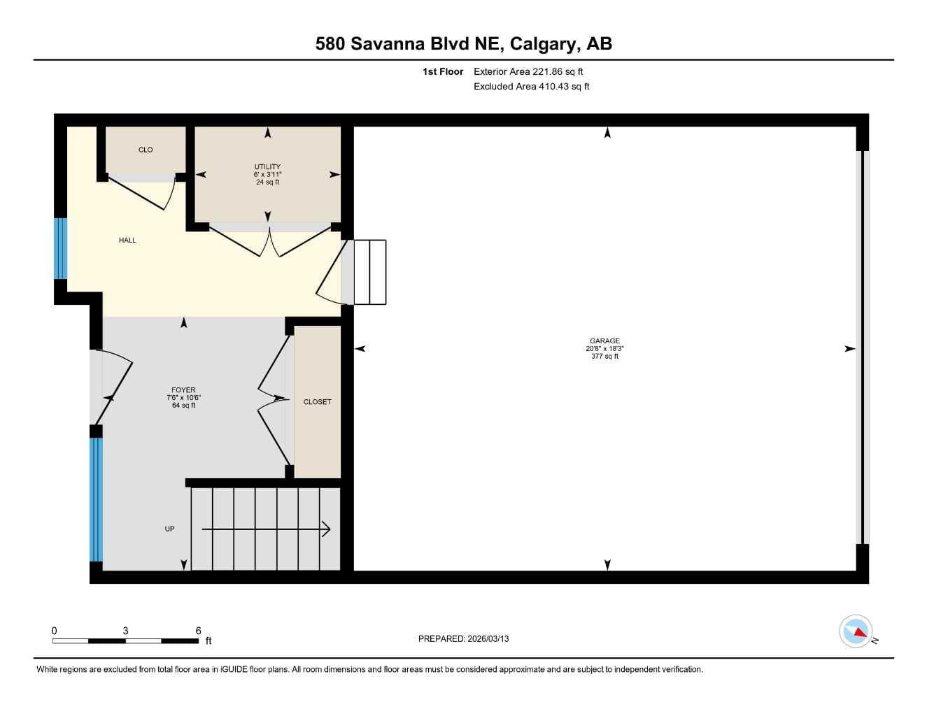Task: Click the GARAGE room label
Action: coord(604,341)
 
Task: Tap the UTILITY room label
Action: coord(267,166)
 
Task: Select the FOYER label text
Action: coord(183,390)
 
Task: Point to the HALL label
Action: coord(127,241)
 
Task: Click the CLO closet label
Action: coord(146,150)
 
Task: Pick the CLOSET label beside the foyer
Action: coord(317,402)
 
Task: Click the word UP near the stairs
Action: coord(169,529)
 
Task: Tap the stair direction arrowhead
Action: coord(326,529)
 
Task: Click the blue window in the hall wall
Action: coord(61,248)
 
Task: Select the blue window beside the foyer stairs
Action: coord(96,499)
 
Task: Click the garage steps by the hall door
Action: coord(370,272)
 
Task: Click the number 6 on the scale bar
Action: coord(198,631)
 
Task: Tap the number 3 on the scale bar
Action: coord(125,631)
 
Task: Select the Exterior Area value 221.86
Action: coord(546,71)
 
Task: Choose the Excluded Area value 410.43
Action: coord(553,87)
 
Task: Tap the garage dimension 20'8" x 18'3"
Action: coord(604,349)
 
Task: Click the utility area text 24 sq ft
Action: coord(267,182)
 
